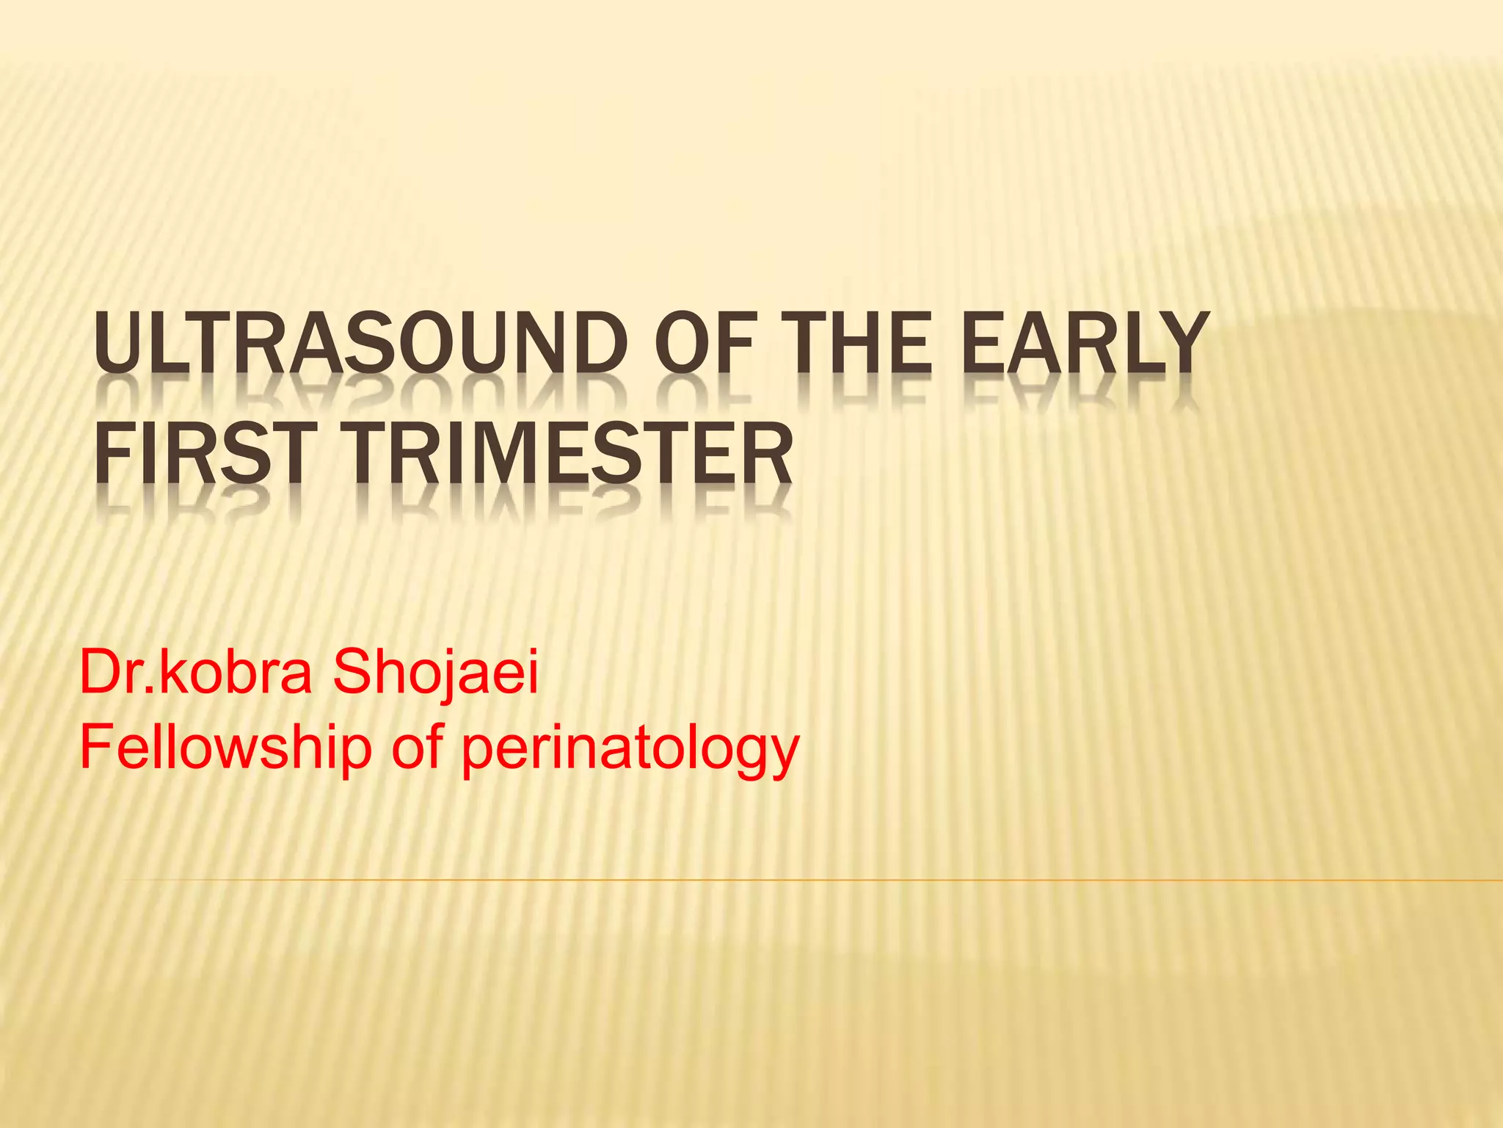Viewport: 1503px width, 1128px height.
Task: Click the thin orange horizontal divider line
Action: coord(807,879)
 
